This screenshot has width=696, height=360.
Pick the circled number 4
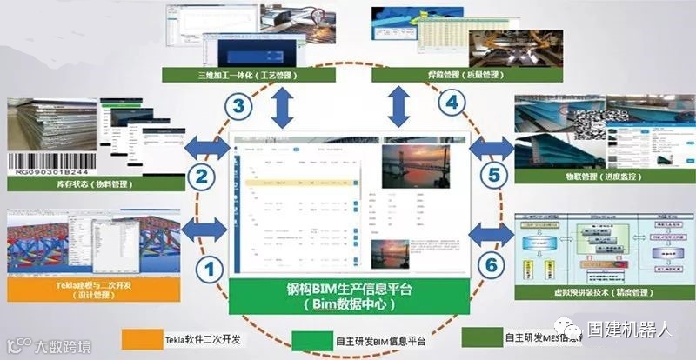pos(452,103)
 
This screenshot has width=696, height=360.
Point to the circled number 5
pos(493,176)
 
